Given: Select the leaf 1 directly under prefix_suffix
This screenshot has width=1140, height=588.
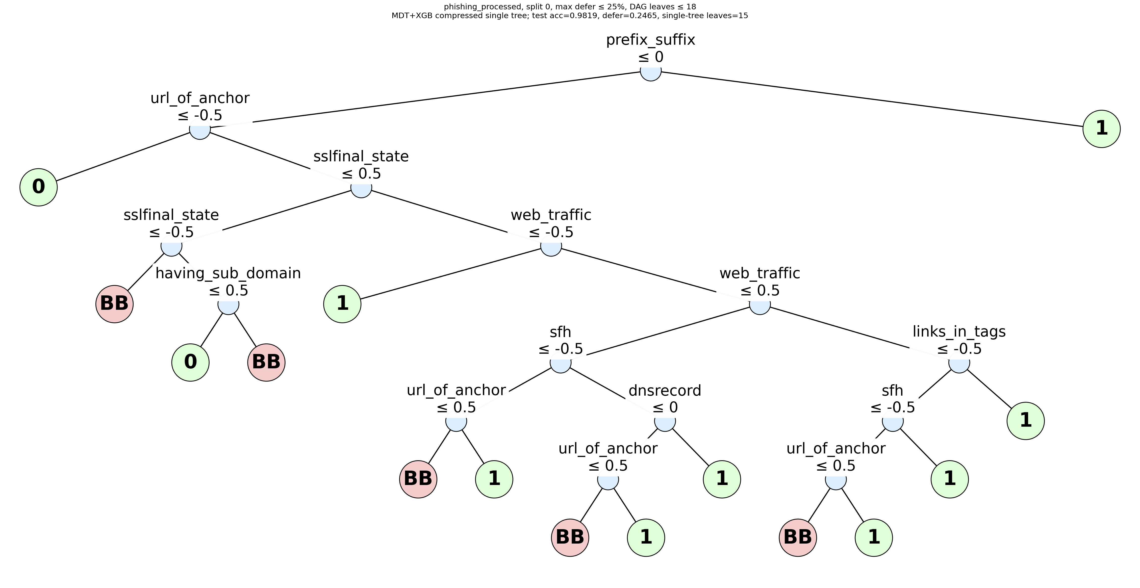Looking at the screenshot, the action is [x=1102, y=129].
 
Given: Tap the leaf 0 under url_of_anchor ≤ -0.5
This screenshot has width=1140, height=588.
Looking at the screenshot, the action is [x=38, y=187].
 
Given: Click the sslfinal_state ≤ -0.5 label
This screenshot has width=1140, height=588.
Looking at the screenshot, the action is [x=171, y=223].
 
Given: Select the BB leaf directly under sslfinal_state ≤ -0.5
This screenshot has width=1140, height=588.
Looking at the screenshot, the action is [x=115, y=304].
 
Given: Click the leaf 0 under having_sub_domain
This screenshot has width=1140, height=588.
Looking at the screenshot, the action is [x=190, y=362].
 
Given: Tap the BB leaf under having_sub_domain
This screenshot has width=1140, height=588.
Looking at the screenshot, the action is [x=266, y=362].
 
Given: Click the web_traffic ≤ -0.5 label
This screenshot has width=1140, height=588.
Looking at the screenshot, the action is [x=551, y=223].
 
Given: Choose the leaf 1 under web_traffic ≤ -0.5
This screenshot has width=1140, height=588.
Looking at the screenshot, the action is [x=343, y=304].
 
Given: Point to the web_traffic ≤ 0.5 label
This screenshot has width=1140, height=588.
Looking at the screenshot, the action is [x=760, y=282].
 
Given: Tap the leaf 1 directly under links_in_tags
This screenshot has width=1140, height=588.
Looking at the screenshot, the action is [x=1026, y=421].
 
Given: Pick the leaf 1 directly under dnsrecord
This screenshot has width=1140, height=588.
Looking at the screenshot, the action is [x=722, y=479].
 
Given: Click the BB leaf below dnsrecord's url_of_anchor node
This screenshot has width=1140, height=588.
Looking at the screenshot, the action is [x=570, y=538].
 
